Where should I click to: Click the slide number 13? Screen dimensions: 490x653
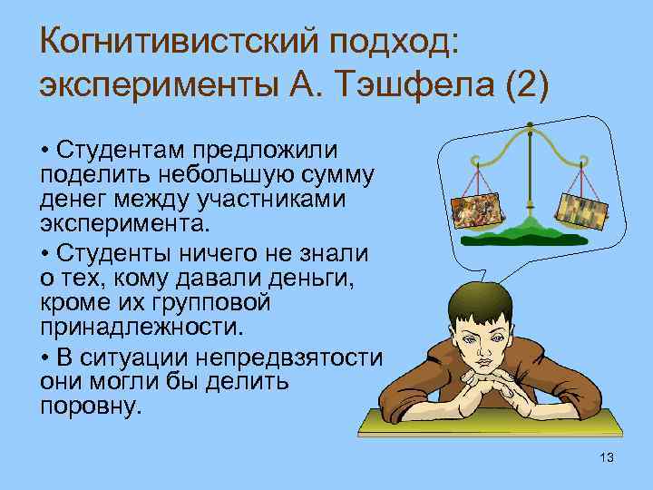coord(607,457)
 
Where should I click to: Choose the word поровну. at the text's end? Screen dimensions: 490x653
coord(92,406)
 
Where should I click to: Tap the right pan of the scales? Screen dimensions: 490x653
coord(579,211)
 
